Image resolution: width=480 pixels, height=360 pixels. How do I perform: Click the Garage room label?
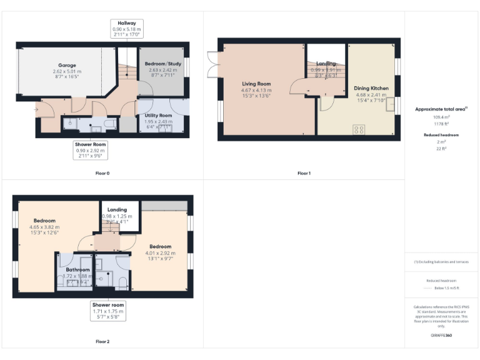click(67, 65)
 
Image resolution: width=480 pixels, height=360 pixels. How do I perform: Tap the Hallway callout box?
click(127, 28)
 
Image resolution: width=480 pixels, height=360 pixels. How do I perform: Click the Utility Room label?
click(157, 116)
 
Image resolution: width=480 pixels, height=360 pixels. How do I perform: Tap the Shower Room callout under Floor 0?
click(91, 149)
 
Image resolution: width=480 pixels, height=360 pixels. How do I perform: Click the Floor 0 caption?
click(102, 173)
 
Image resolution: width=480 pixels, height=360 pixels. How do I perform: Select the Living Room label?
click(256, 84)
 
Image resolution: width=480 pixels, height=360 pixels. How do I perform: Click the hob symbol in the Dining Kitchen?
click(359, 129)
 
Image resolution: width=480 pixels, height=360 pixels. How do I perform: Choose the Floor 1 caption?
click(304, 173)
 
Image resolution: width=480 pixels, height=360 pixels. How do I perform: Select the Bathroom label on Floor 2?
click(78, 270)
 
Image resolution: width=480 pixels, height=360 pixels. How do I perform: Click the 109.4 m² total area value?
click(441, 117)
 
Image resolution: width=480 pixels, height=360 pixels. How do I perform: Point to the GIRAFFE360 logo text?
click(441, 336)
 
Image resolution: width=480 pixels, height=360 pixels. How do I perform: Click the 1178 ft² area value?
click(441, 124)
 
